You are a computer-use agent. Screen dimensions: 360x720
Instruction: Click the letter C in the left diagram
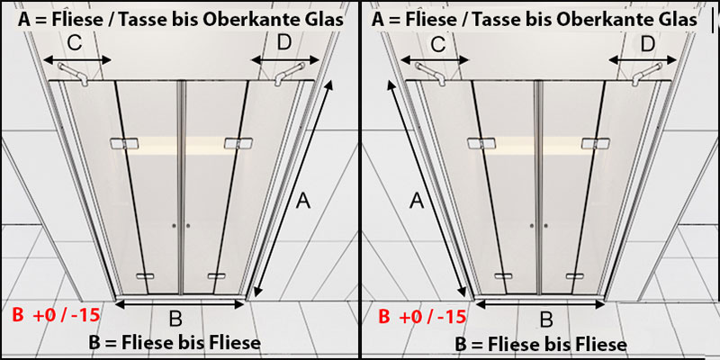click(x=78, y=41)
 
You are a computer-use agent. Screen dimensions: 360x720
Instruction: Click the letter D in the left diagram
click(x=284, y=41)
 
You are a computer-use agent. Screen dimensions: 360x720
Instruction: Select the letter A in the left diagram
click(x=303, y=202)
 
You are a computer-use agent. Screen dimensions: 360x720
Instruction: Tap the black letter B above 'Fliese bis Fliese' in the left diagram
click(x=175, y=319)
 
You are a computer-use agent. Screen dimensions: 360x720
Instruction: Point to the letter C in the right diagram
click(x=439, y=43)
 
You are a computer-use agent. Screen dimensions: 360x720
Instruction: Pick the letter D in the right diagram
click(x=647, y=43)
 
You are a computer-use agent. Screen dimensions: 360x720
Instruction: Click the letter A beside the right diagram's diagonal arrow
click(x=416, y=202)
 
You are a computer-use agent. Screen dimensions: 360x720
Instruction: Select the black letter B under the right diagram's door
click(x=545, y=319)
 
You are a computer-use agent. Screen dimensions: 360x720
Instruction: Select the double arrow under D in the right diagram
click(x=644, y=61)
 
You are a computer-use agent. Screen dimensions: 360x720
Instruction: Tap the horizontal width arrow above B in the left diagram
click(x=180, y=304)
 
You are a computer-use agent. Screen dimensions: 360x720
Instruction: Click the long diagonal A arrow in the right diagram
click(x=430, y=190)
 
